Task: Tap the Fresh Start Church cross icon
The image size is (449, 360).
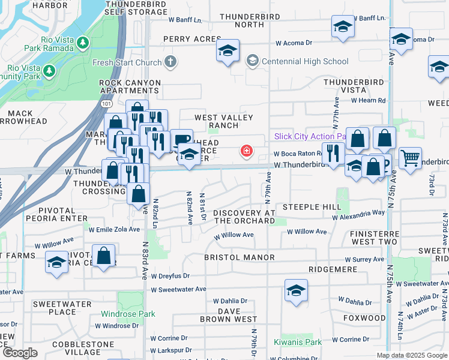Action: click(x=170, y=62)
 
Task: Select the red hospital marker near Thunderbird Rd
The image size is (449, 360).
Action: click(x=246, y=151)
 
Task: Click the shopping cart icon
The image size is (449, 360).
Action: click(x=410, y=158)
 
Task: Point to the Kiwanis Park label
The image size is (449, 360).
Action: click(x=297, y=343)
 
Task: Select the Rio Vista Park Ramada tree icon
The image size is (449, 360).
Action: click(x=83, y=42)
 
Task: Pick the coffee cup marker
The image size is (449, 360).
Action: click(x=181, y=139)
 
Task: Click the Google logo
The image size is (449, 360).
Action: click(x=19, y=353)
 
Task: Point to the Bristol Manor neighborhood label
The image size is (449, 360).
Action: click(x=240, y=257)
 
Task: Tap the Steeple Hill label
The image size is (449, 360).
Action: click(x=312, y=207)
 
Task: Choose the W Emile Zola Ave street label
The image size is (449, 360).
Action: click(x=113, y=229)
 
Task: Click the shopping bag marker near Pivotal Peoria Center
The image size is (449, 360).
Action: click(x=104, y=255)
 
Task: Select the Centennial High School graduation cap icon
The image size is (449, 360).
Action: click(x=252, y=61)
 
